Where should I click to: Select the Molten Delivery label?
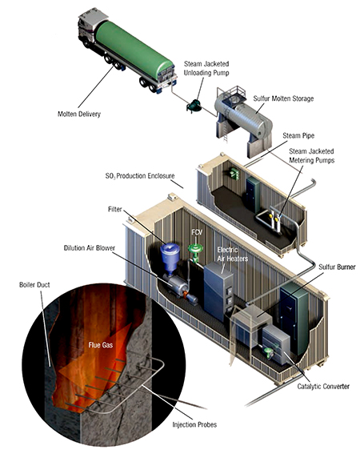[79, 114]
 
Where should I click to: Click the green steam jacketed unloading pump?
[194, 106]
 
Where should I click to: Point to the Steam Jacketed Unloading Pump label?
[206, 68]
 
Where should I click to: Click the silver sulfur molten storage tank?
[243, 118]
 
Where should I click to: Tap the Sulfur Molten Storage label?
[283, 98]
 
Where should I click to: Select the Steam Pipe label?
[298, 135]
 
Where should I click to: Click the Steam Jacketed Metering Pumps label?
[312, 156]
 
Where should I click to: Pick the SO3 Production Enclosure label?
[140, 176]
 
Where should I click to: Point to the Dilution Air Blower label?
[90, 248]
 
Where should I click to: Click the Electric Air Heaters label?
[233, 255]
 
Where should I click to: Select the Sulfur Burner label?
[337, 267]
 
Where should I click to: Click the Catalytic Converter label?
[323, 386]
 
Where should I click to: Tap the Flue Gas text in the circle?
[101, 345]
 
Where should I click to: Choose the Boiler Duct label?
[34, 285]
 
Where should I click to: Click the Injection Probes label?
[194, 424]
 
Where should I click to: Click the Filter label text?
[114, 209]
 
